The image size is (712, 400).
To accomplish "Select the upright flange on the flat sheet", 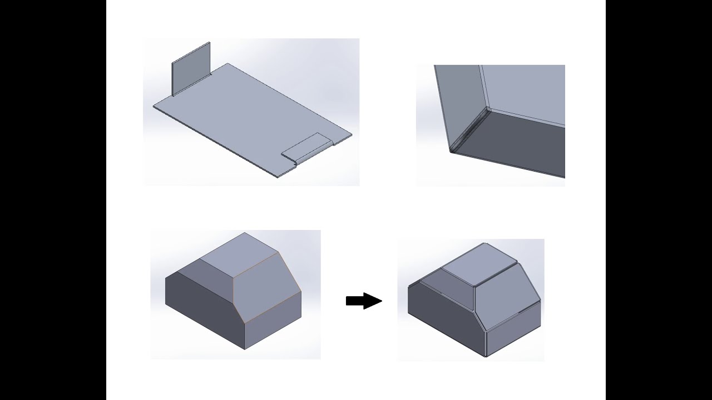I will (191, 69).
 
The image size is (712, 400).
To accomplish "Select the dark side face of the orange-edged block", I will (203, 311).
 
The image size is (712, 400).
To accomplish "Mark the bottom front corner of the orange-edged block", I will (245, 349).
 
